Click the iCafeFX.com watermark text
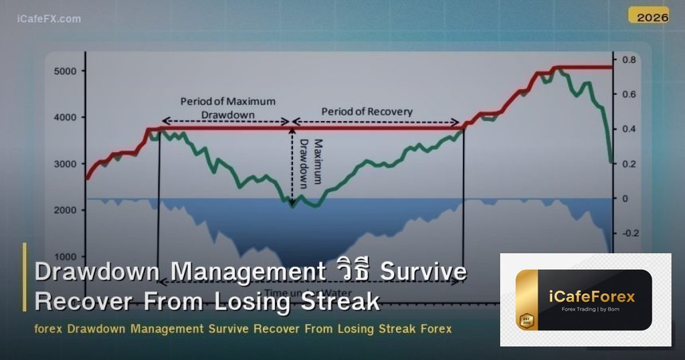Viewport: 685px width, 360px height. coord(49,18)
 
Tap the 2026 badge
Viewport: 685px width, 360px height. coord(648,15)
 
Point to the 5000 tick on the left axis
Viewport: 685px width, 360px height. coord(65,72)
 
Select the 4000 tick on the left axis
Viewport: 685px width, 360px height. coord(65,118)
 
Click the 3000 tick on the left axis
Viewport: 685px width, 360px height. coord(65,164)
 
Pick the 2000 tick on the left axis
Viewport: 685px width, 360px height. coord(65,210)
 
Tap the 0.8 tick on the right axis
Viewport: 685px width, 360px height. coord(629,61)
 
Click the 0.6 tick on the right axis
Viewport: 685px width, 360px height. coord(629,95)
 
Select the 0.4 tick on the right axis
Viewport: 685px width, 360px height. coord(629,129)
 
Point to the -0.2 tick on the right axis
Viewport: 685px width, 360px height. coord(630,233)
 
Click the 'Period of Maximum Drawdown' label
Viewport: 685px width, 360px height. coord(227,108)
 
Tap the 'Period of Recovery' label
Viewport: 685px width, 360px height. coord(366,112)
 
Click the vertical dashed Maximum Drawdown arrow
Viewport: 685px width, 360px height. coord(292,163)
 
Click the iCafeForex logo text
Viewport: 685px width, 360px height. coord(592,297)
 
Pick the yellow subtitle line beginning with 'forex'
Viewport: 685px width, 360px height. coord(243,329)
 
